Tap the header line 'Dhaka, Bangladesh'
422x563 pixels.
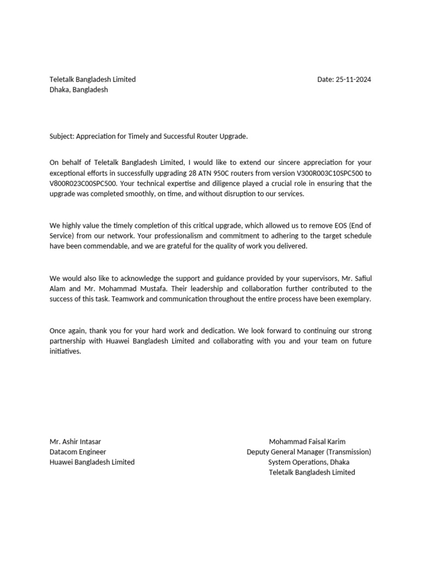coord(79,90)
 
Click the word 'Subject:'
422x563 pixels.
coord(62,136)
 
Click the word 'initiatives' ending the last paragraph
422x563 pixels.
coord(65,351)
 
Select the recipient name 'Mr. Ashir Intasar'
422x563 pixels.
coord(75,441)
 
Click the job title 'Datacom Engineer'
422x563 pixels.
coord(78,452)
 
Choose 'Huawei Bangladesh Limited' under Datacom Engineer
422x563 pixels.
coord(92,462)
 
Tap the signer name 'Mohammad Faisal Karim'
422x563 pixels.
coord(307,441)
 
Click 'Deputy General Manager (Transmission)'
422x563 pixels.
coord(309,452)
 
